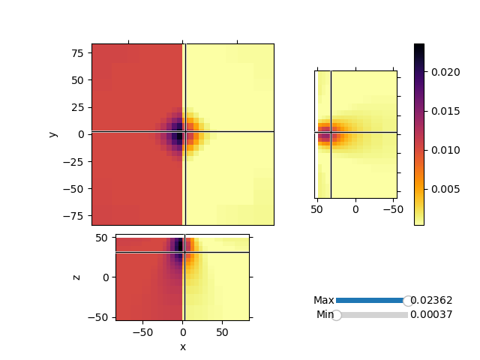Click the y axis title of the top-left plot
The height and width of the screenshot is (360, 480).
pyautogui.click(x=52, y=134)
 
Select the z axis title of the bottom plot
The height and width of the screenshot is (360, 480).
pyautogui.click(x=76, y=277)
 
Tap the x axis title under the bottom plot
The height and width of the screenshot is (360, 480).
pyautogui.click(x=182, y=346)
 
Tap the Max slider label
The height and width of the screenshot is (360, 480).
pyautogui.click(x=324, y=300)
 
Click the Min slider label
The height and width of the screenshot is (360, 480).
pyautogui.click(x=325, y=315)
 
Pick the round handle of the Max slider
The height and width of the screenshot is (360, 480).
pyautogui.click(x=408, y=301)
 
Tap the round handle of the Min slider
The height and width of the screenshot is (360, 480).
pyautogui.click(x=337, y=315)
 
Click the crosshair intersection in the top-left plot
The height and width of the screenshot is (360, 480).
pyautogui.click(x=184, y=132)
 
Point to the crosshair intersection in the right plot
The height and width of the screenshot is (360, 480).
pyautogui.click(x=331, y=133)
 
